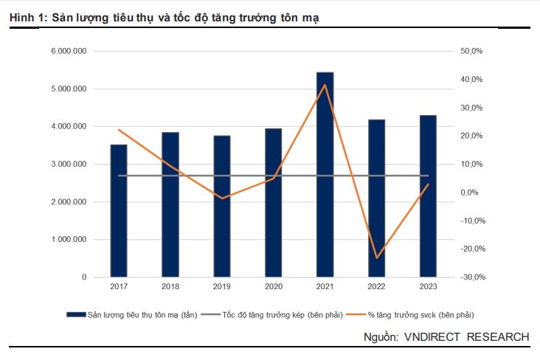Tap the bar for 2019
[221, 207]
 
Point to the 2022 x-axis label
[376, 286]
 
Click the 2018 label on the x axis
[170, 286]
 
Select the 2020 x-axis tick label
[273, 286]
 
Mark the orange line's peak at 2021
[325, 85]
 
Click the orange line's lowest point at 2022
[376, 258]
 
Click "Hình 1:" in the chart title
[28, 16]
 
